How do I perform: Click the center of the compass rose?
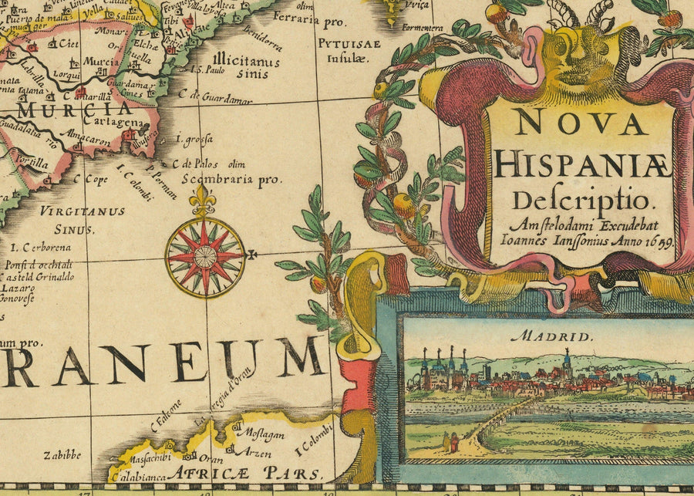pyautogui.click(x=205, y=256)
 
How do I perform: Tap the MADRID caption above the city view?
pyautogui.click(x=544, y=336)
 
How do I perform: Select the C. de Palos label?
pyautogui.click(x=196, y=164)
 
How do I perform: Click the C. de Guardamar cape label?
pyautogui.click(x=228, y=98)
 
